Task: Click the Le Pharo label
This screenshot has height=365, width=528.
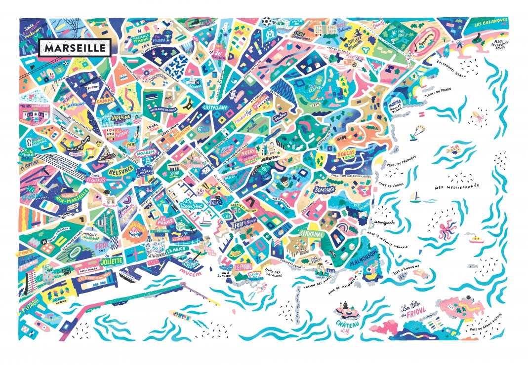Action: (243, 266)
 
